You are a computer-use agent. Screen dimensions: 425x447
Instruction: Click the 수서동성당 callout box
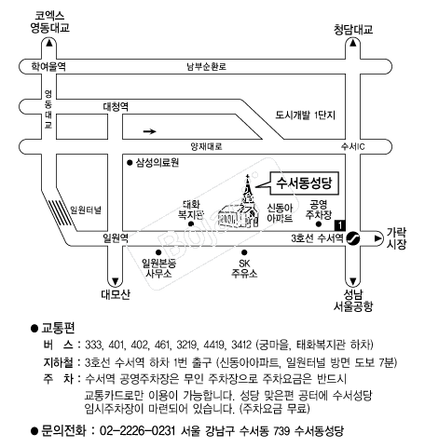pos(304,183)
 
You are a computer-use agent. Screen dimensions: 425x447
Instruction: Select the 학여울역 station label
pos(48,66)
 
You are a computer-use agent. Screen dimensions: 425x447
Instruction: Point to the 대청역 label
pos(116,106)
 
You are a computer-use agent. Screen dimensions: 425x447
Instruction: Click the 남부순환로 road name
pos(207,66)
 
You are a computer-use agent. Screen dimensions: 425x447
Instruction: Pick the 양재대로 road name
pos(207,146)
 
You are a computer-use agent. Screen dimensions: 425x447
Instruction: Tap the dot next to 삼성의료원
pos(130,163)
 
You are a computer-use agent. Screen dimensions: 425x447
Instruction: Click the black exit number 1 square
pos(340,225)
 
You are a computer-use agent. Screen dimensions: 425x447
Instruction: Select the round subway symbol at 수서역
pos(353,238)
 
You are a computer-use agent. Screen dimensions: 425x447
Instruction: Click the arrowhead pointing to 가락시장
pos(377,238)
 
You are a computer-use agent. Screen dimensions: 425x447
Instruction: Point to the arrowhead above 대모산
pos(116,282)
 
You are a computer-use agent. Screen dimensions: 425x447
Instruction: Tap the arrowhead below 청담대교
pos(353,43)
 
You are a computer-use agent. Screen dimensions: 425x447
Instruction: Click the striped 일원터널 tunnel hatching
pos(61,213)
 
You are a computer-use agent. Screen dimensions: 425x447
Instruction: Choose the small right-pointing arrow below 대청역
pos(149,131)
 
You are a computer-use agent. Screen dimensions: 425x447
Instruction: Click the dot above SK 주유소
pos(244,252)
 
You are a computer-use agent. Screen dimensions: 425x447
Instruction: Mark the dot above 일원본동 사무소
pos(158,252)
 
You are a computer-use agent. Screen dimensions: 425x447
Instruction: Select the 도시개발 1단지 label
pos(306,115)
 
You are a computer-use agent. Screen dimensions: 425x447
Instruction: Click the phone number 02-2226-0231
pos(137,431)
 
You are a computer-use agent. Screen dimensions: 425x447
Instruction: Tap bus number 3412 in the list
pos(241,345)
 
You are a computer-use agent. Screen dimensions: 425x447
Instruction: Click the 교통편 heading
pos(58,328)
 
